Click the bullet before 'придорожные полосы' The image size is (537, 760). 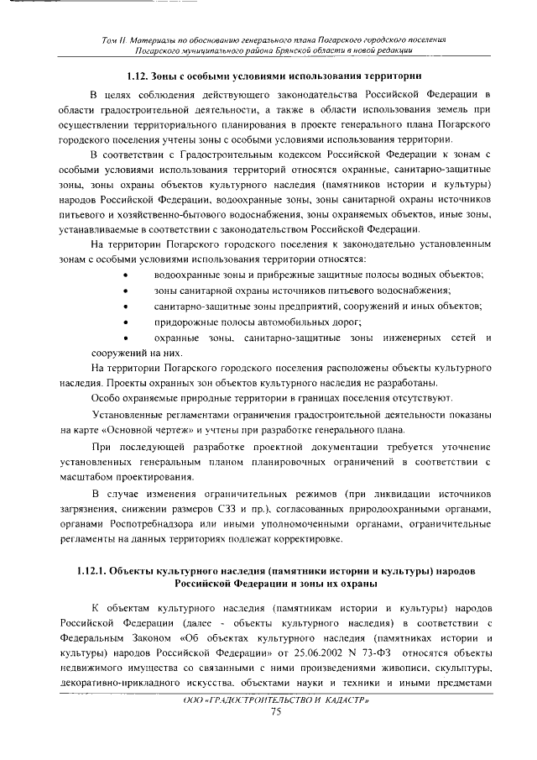point(126,322)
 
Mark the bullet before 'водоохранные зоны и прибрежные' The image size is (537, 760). point(126,275)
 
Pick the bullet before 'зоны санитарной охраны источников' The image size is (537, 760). point(126,291)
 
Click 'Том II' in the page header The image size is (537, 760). point(111,39)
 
